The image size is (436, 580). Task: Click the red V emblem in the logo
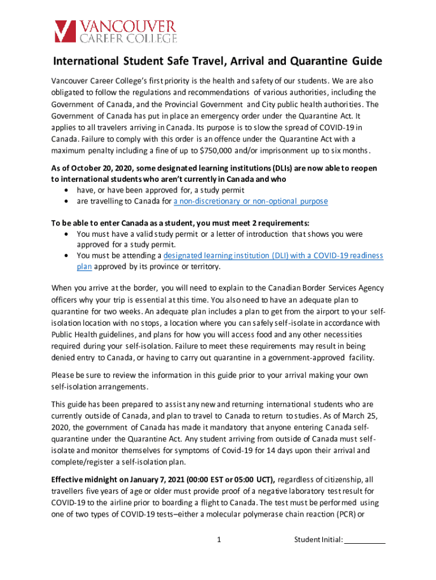pos(65,32)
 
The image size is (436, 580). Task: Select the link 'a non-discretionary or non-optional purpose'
pos(250,202)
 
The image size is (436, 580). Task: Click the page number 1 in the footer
pos(219,540)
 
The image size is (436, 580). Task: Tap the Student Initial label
pos(318,540)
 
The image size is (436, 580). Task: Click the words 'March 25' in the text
pos(358,415)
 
